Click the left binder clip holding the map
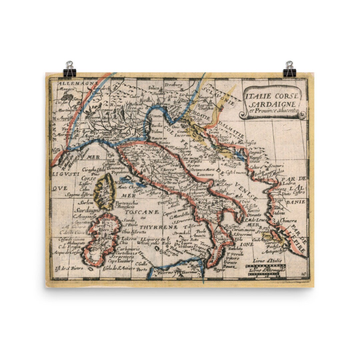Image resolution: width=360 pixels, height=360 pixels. pyautogui.click(x=70, y=69)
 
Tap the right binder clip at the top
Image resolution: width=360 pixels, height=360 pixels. pyautogui.click(x=289, y=69)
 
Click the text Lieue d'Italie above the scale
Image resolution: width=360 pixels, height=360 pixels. pyautogui.click(x=262, y=260)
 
